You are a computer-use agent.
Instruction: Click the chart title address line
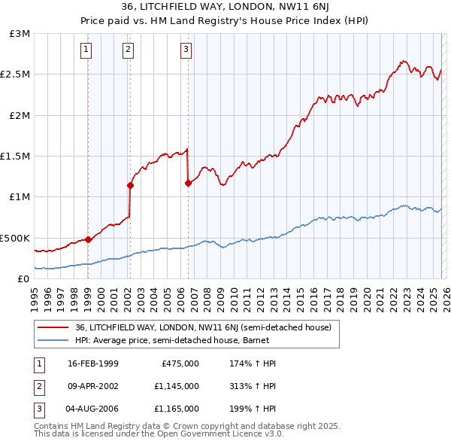[225, 8]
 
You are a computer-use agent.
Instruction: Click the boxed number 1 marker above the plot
[87, 50]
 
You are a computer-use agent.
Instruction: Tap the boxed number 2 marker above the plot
[129, 50]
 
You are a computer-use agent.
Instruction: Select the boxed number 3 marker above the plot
[186, 50]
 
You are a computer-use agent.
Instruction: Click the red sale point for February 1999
[88, 239]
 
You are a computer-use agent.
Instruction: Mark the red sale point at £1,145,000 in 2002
[130, 184]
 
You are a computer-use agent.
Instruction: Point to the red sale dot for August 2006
[188, 183]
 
